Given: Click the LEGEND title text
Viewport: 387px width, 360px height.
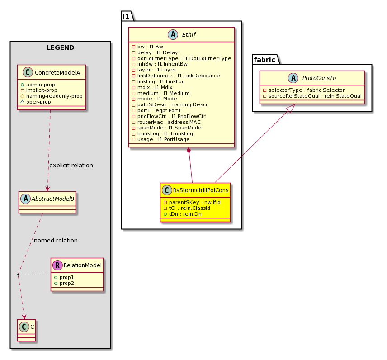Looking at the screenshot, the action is [60, 47].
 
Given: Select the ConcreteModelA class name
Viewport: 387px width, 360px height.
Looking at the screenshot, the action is [57, 73].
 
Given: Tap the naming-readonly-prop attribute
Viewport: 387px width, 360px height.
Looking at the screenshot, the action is [54, 96].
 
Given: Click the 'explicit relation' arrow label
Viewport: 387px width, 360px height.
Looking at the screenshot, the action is [71, 165].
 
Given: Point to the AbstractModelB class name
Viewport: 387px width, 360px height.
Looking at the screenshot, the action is [53, 199].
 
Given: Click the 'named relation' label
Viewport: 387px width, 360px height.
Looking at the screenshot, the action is [56, 240].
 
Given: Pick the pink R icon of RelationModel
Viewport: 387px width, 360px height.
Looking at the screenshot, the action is [57, 265].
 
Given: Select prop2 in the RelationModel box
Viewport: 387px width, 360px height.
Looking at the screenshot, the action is [66, 283].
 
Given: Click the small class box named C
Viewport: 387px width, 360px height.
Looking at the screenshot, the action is [26, 330].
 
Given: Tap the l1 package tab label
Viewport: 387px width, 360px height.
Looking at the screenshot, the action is [126, 16].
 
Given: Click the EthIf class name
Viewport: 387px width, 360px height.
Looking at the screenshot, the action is [189, 34].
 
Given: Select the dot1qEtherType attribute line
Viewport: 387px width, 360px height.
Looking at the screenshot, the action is [184, 58].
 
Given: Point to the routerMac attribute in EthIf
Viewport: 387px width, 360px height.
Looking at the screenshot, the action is [169, 122].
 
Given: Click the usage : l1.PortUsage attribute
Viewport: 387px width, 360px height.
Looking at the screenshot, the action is [163, 139].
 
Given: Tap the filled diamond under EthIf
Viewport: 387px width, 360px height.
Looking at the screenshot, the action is [189, 150].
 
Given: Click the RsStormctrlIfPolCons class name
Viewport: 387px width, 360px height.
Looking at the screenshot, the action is [201, 190].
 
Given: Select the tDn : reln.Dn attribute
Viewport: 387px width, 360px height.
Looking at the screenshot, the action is [185, 214].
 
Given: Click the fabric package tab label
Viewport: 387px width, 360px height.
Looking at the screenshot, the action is [264, 60].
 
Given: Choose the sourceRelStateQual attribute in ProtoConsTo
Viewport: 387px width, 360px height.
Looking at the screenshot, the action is [315, 96].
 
